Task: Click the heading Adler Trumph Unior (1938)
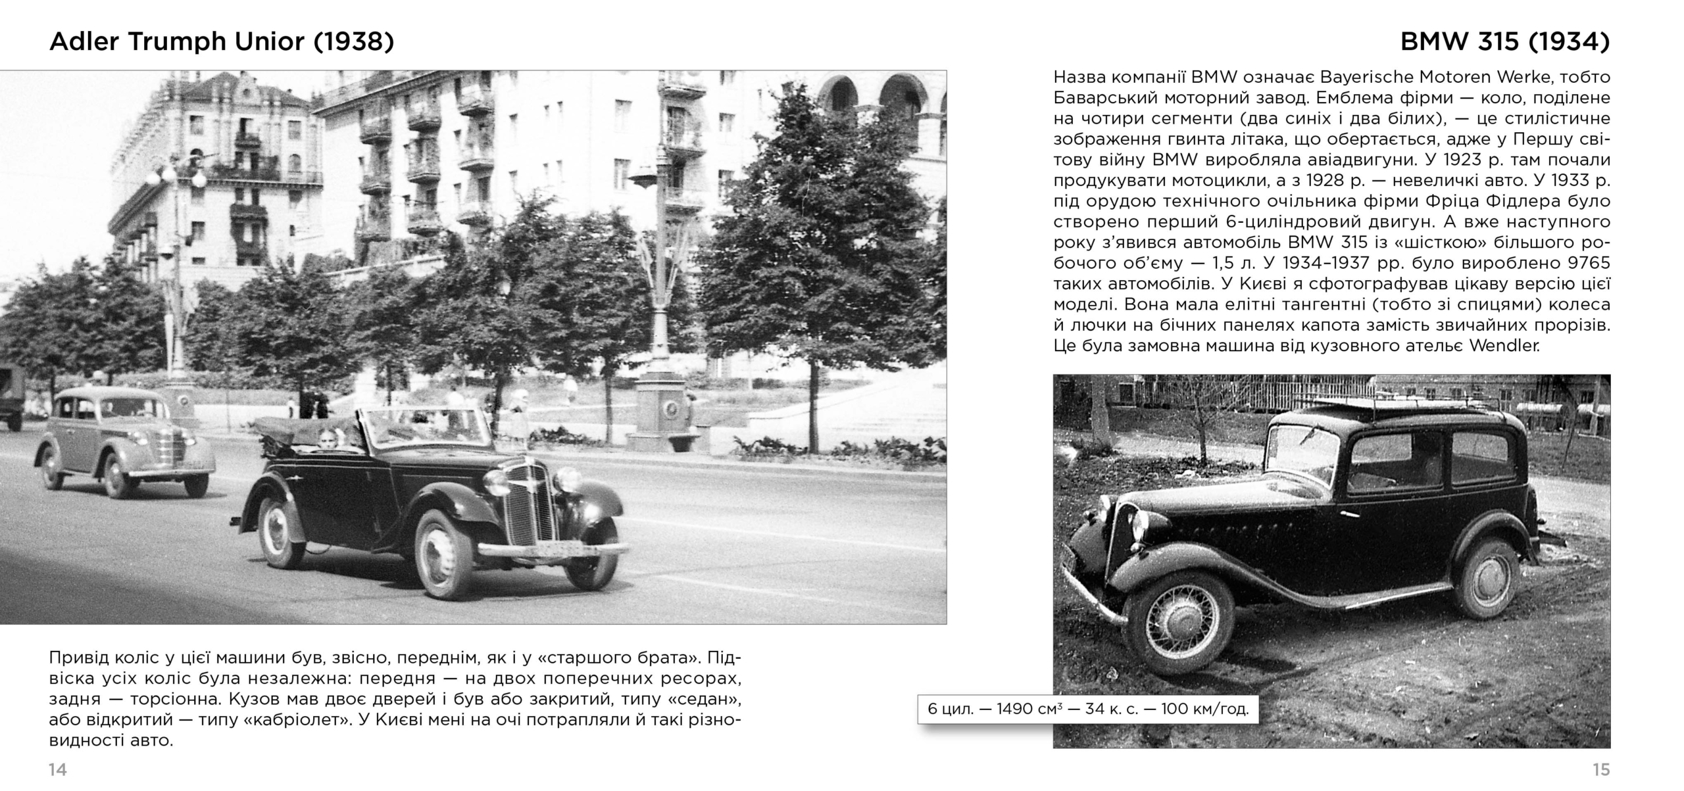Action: tap(222, 41)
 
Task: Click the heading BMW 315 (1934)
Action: tap(1504, 41)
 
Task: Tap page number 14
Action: tap(58, 770)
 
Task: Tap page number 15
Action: tap(1601, 770)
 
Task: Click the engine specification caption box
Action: tap(1087, 709)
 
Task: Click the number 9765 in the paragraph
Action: tap(1587, 263)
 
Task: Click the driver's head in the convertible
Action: tap(327, 439)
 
